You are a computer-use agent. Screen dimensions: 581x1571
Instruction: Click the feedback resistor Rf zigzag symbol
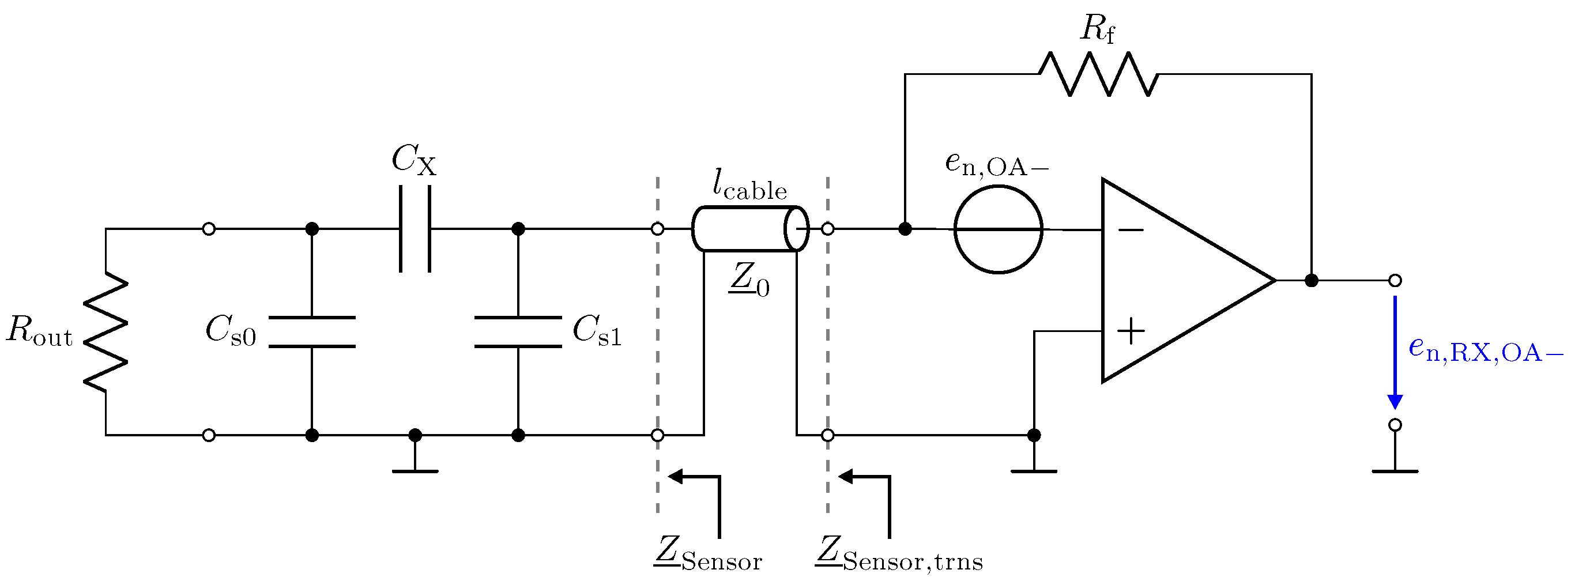click(x=1098, y=74)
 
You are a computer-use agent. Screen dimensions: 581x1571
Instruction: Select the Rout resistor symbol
click(x=106, y=331)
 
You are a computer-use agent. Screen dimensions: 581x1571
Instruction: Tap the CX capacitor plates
click(x=415, y=229)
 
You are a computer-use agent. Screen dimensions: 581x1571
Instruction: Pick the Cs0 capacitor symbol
click(x=312, y=332)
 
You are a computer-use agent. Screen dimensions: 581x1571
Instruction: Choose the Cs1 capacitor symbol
click(x=518, y=332)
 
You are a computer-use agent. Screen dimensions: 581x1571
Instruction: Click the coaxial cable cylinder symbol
click(x=750, y=229)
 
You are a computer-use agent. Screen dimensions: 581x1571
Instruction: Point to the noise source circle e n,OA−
click(x=998, y=229)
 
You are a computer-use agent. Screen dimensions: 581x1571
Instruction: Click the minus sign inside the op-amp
click(x=1131, y=230)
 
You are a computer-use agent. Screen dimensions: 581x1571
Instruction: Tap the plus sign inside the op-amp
click(x=1131, y=331)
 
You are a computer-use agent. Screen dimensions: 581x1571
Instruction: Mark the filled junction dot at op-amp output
click(x=1311, y=281)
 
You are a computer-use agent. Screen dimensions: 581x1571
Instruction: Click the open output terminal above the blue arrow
click(x=1395, y=281)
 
